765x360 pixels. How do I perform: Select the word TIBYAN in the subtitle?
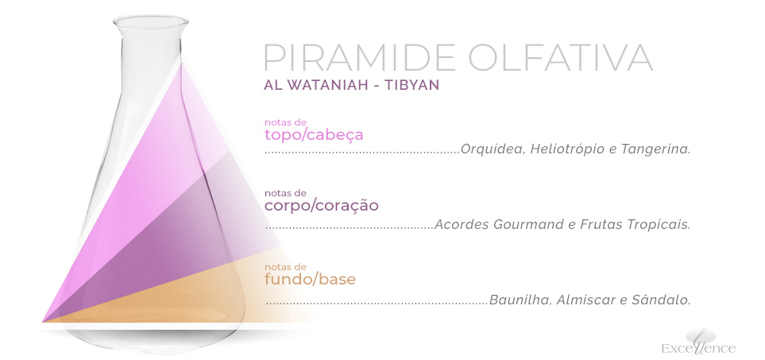(x=411, y=85)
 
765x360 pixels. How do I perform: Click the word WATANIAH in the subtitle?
(x=326, y=85)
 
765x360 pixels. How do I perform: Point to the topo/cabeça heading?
(x=314, y=135)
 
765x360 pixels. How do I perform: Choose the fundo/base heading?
(x=310, y=280)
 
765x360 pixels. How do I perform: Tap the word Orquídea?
(x=493, y=149)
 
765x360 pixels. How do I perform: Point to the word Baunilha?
(x=520, y=300)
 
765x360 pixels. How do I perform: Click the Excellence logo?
(x=698, y=342)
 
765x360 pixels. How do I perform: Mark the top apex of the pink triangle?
(x=183, y=63)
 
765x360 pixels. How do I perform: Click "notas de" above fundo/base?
(x=285, y=267)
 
